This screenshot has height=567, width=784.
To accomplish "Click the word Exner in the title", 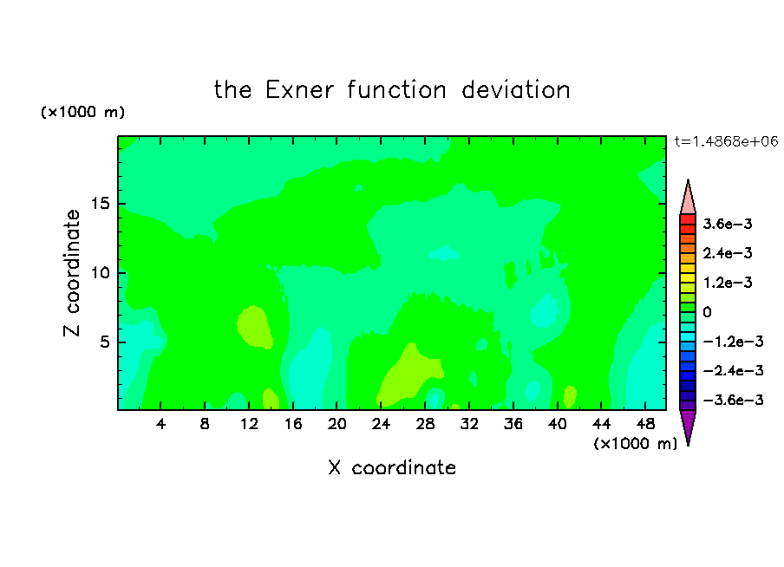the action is [x=299, y=90].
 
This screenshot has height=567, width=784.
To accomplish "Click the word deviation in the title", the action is [x=516, y=90].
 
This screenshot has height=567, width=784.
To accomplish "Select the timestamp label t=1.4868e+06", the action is [x=726, y=141].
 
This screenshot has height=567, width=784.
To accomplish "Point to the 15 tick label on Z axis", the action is [x=101, y=204].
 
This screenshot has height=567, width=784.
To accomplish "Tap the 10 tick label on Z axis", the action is [x=101, y=273].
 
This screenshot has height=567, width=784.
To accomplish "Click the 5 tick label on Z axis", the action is [x=105, y=342].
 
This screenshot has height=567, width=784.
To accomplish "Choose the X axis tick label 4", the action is [x=160, y=424].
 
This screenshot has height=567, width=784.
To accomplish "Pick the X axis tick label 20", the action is [x=336, y=424].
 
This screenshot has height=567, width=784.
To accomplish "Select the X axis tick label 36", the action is [x=513, y=424].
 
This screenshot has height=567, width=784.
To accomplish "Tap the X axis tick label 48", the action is [x=645, y=424].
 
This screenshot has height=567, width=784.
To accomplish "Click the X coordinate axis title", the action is [x=392, y=468].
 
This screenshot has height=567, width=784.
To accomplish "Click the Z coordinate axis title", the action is [x=73, y=273].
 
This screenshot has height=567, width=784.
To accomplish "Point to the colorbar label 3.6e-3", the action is [x=728, y=224].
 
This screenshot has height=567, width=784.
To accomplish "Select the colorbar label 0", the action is [x=707, y=312].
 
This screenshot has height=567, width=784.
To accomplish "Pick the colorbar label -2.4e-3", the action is [x=734, y=371].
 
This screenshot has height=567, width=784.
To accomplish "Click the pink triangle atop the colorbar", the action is [x=688, y=197].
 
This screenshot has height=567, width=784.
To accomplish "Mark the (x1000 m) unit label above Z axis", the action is [x=82, y=112].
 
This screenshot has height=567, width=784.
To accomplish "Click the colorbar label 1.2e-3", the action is [x=728, y=283].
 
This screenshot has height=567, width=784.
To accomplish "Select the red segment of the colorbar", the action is [x=688, y=219].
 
